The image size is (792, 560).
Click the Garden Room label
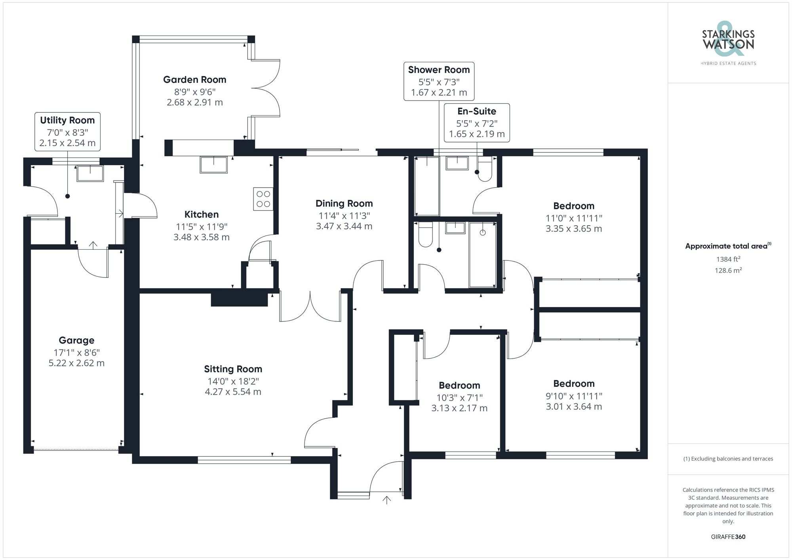tap(194, 80)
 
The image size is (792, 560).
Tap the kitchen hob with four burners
tap(263, 199)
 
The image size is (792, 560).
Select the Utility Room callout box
tap(67, 131)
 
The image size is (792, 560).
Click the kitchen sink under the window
tap(214, 165)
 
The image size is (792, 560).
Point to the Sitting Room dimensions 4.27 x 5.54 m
tap(233, 392)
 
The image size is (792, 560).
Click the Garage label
tap(76, 340)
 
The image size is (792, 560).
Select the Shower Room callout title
tap(439, 70)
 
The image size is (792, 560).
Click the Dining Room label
tap(344, 203)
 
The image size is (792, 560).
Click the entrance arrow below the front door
tap(386, 500)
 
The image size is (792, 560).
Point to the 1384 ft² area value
tap(728, 259)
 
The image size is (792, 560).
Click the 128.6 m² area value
tap(728, 271)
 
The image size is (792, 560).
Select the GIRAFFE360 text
tap(728, 537)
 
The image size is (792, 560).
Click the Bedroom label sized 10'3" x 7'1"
tap(459, 385)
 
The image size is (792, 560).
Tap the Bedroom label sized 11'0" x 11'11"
tap(573, 206)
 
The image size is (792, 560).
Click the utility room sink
tap(90, 173)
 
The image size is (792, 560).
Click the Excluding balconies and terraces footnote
tap(728, 459)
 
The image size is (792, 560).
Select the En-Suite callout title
tap(477, 111)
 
